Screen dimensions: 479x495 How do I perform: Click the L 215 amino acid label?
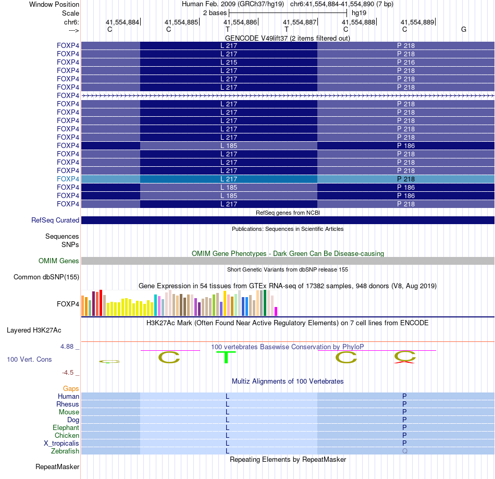coord(228,63)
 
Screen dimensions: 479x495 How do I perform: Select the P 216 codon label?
coord(406,63)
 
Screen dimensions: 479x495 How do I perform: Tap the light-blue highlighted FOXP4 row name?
coord(68,179)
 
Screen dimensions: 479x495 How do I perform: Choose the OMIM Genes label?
coord(59,261)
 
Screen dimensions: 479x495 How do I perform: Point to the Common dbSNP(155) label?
coord(46,277)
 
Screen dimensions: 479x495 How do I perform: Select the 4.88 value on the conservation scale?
coord(70,347)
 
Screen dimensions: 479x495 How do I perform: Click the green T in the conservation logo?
coord(226,358)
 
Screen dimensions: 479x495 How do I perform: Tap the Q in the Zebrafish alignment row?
coord(404,451)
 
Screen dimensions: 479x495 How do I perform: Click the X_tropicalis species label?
coord(61,443)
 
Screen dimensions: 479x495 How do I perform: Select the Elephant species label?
coord(66,427)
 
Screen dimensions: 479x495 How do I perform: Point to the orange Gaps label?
coord(71,388)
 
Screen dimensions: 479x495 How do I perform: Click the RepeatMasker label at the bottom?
coord(57,466)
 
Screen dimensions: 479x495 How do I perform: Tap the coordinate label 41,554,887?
coord(300,22)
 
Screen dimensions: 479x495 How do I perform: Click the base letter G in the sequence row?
coord(464,30)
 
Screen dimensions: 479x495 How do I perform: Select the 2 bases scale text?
coord(215,13)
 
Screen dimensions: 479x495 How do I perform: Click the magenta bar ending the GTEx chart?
coord(276,311)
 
